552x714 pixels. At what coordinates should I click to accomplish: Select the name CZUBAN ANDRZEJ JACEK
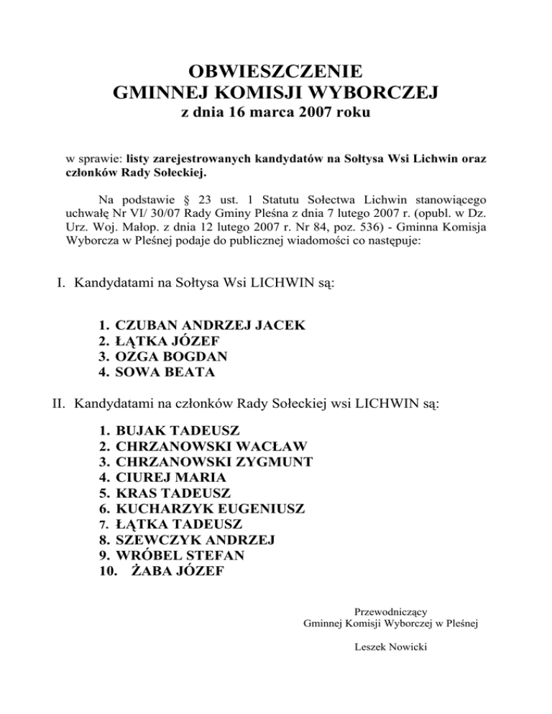pos(211,325)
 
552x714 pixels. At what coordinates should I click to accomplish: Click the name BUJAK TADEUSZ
pos(177,431)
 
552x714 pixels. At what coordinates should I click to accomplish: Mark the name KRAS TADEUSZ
pos(172,493)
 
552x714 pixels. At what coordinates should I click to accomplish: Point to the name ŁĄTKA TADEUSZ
pos(178,524)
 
